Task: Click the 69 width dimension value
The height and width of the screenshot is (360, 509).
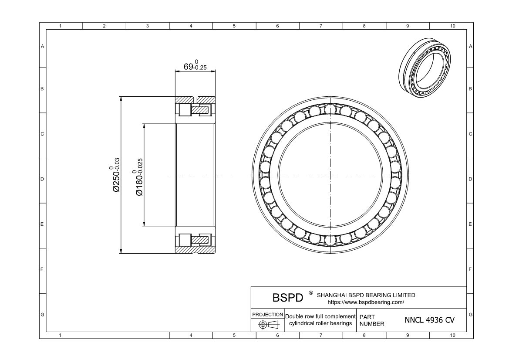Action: (188, 67)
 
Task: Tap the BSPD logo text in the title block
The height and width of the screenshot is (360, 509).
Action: (288, 298)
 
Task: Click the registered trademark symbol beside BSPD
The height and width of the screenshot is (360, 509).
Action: (310, 293)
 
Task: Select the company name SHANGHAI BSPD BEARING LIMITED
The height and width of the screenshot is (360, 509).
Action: (366, 295)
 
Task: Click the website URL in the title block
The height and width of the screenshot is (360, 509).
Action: (366, 302)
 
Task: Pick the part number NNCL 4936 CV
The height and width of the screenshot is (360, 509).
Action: (429, 320)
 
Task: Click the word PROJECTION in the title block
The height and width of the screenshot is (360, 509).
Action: (267, 315)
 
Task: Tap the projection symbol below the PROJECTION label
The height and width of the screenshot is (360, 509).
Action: (269, 325)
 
